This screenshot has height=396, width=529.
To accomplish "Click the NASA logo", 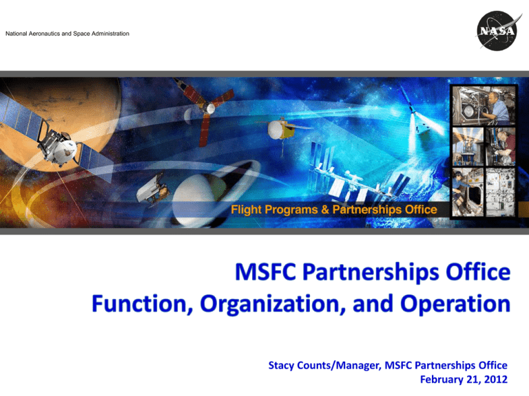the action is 497,31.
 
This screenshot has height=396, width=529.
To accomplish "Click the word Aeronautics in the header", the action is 44,34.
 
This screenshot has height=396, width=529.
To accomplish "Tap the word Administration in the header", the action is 110,34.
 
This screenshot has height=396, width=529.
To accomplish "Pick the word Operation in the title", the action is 455,305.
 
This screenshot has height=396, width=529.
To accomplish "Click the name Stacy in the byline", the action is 281,365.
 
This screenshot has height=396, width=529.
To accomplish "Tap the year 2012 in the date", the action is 496,379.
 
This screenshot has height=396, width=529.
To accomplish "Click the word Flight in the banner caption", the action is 247,210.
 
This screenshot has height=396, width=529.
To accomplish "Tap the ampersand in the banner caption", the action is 325,210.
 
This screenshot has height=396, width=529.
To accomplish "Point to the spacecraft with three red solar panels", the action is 207,109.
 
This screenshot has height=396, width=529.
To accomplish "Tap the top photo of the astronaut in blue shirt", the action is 484,105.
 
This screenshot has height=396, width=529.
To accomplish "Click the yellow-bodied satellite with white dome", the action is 282,130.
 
